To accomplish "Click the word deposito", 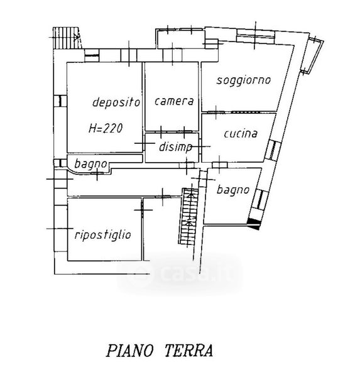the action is click(x=116, y=102).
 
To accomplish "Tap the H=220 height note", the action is click(x=106, y=128).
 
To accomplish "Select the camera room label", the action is click(x=174, y=101).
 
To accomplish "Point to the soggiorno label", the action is click(x=244, y=80).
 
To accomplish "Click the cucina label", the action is click(x=241, y=134).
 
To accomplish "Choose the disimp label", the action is click(x=176, y=146).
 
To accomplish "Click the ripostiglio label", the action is click(x=103, y=234).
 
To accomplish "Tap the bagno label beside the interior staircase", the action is click(x=233, y=190).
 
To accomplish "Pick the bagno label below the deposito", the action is click(x=90, y=164).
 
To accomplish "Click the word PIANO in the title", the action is click(x=129, y=351).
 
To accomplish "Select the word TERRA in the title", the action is click(x=188, y=351).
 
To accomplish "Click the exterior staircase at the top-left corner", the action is click(x=67, y=38).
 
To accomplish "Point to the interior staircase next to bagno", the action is click(x=188, y=216).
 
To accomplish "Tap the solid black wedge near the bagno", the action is click(x=254, y=223).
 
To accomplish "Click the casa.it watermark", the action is click(x=180, y=273).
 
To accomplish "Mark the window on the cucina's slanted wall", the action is click(x=273, y=150).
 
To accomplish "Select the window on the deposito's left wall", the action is click(x=60, y=101).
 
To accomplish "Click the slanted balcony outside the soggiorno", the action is click(x=312, y=55).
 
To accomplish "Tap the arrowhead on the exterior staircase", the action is click(x=77, y=37).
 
